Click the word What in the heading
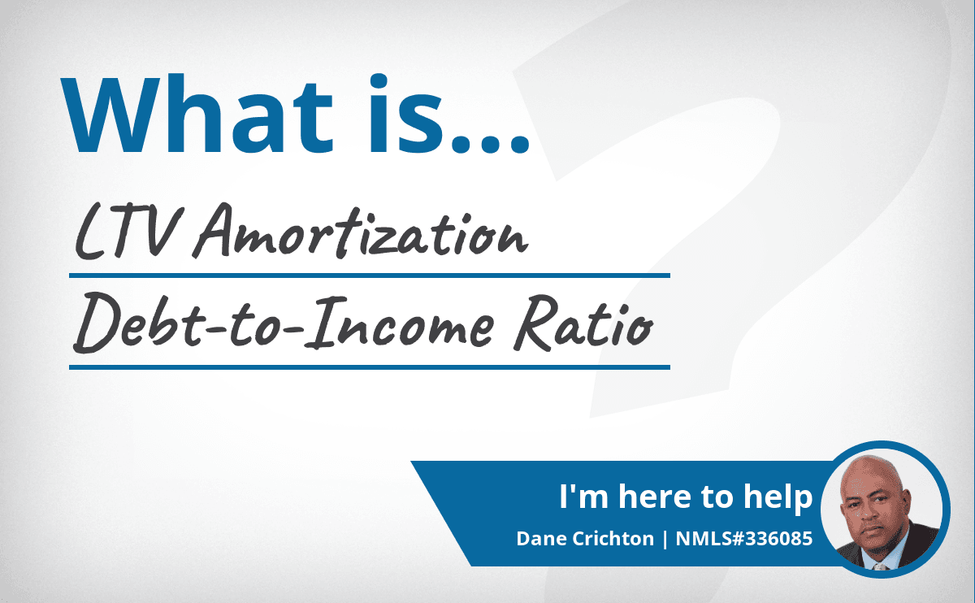pos(197,114)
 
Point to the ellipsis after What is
pos(490,144)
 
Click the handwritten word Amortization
pos(361,231)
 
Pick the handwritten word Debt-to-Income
pos(284,323)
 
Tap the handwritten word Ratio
pos(583,323)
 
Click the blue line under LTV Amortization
pos(370,275)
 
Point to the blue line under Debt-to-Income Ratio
pos(370,367)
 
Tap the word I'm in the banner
pos(583,497)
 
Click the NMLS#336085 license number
pos(744,539)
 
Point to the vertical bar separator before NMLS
pos(665,539)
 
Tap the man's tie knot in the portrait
pos(881,566)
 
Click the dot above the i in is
pos(379,82)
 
